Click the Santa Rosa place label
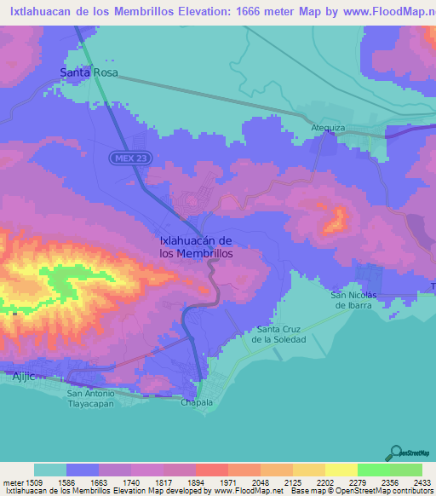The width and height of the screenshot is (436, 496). [88, 73]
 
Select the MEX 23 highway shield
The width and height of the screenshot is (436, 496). [124, 159]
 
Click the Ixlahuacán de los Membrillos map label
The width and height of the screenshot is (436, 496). [197, 247]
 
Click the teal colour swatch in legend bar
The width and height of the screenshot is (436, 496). [50, 470]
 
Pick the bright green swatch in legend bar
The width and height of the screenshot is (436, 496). [374, 470]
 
